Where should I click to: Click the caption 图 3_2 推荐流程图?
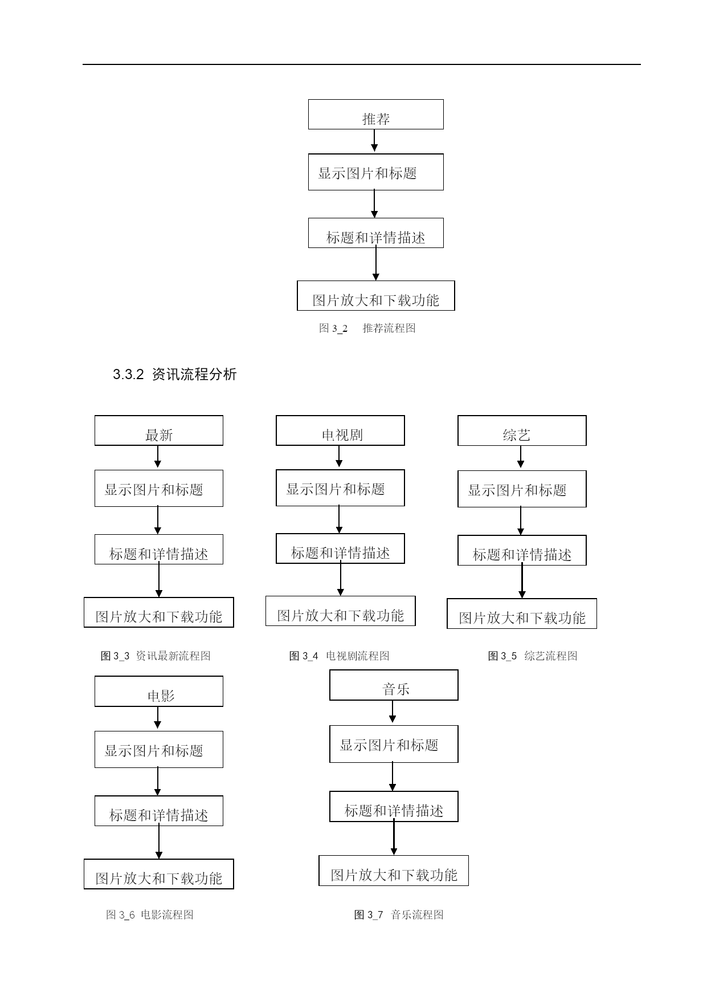pos(367,328)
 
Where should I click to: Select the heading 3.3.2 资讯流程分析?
pos(174,375)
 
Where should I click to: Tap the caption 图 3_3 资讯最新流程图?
pos(156,656)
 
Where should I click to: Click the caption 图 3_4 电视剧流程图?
pos(339,656)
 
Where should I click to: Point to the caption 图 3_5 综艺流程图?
pos(533,656)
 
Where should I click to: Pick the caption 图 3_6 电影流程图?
pos(150,914)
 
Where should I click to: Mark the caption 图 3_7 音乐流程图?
pos(399,914)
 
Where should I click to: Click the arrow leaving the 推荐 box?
pos(374,140)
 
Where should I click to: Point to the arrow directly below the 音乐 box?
pos(393,712)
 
